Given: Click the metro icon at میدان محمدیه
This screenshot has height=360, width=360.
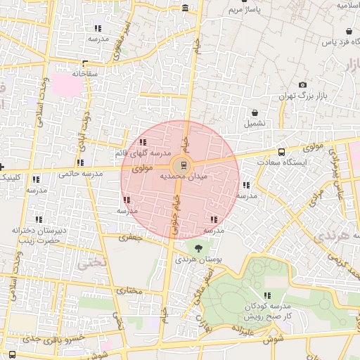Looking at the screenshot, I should click(184, 166).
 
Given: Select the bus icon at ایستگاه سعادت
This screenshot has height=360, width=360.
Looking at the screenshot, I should click(282, 152).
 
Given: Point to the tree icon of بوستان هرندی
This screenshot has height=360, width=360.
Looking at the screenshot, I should click(198, 247).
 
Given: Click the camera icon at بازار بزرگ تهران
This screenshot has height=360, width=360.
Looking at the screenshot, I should click(303, 84).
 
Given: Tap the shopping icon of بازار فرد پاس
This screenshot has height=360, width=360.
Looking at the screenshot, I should click(349, 32).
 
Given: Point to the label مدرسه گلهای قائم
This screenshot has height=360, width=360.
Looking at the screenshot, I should click(143, 153).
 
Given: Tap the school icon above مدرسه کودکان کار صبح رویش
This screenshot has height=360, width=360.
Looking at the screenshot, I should click(266, 296).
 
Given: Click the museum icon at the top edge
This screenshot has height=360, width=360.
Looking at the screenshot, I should click(185, 8).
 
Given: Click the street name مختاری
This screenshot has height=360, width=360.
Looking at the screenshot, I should click(129, 290).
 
